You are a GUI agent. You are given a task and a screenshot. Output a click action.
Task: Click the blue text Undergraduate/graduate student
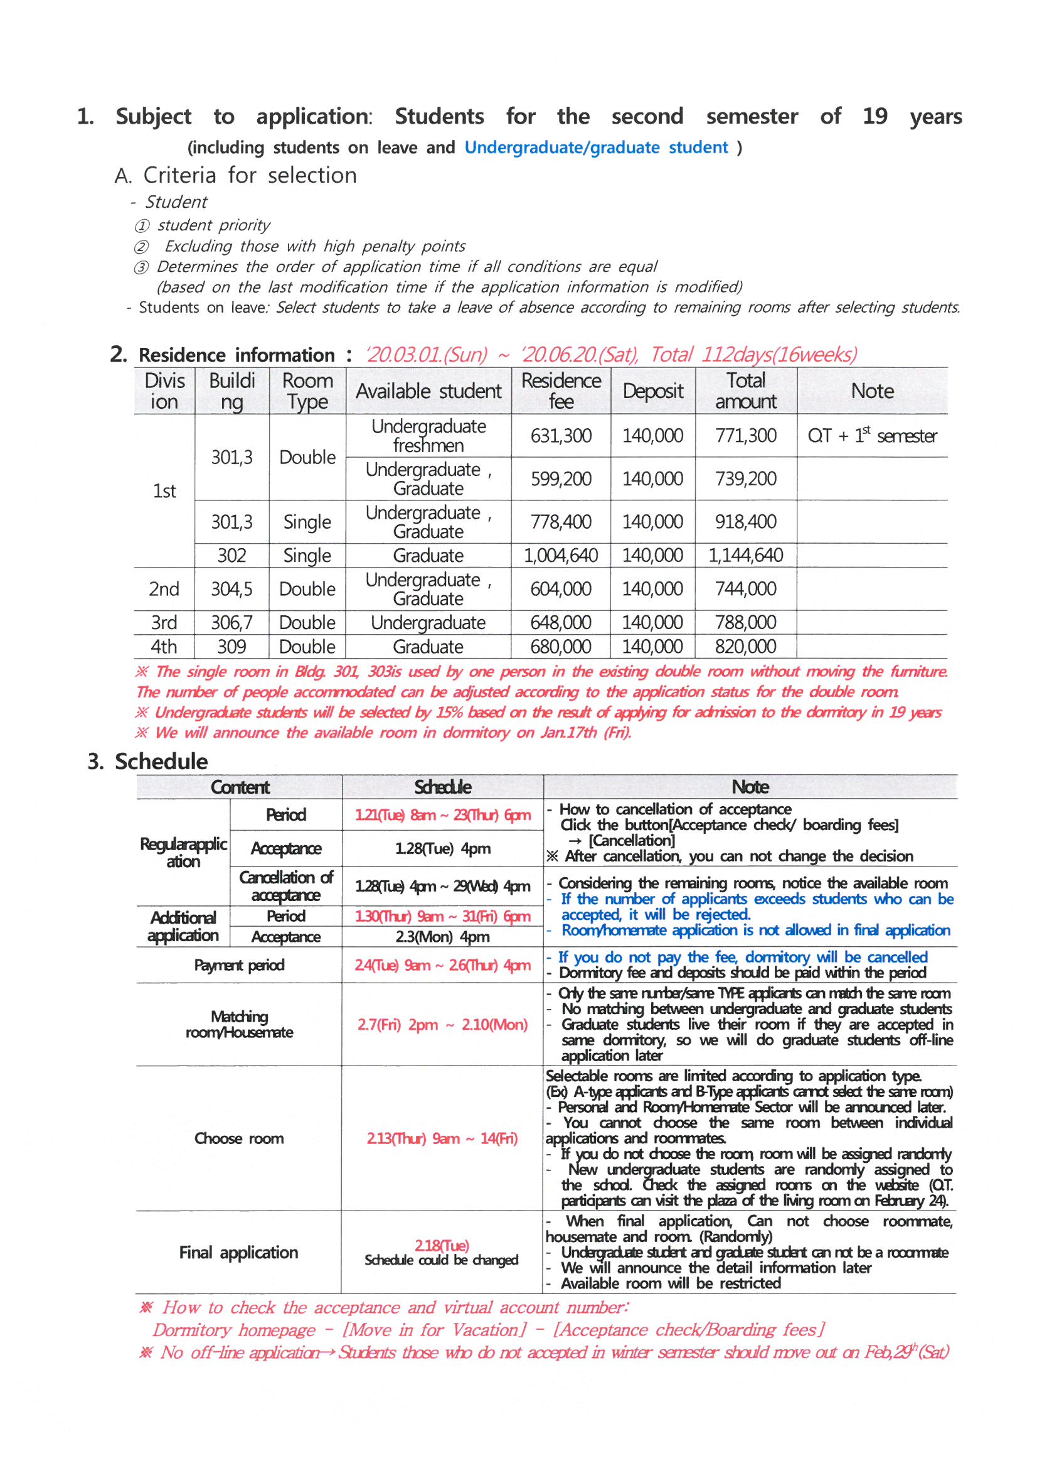click(x=595, y=148)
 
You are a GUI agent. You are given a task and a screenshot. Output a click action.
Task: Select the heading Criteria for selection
click(x=235, y=175)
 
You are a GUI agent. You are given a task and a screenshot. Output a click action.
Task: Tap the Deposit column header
click(x=652, y=391)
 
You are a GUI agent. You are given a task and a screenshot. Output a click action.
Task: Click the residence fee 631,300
click(x=560, y=436)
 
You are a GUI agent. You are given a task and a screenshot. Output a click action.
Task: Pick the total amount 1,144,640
click(x=745, y=555)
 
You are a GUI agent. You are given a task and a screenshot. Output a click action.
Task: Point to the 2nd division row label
click(x=164, y=589)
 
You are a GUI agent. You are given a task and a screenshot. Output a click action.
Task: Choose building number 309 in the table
click(x=231, y=646)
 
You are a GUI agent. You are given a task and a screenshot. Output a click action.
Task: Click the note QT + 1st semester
click(x=871, y=436)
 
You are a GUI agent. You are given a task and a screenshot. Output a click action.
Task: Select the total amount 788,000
click(x=745, y=622)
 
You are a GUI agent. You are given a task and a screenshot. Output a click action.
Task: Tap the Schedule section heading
click(x=161, y=762)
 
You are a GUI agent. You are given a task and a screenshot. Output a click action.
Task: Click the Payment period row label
click(x=239, y=965)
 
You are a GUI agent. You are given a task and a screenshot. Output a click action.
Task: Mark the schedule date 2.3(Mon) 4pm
click(x=442, y=937)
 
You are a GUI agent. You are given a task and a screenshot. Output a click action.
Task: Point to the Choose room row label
click(x=239, y=1138)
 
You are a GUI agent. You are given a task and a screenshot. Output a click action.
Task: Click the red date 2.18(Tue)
click(x=442, y=1245)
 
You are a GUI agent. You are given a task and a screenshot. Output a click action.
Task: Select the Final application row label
click(x=238, y=1252)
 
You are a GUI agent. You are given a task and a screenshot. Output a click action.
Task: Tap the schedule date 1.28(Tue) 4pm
click(x=442, y=848)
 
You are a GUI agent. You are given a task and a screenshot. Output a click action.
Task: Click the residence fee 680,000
click(x=560, y=646)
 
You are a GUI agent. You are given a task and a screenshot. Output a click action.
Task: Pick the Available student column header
click(x=428, y=391)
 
